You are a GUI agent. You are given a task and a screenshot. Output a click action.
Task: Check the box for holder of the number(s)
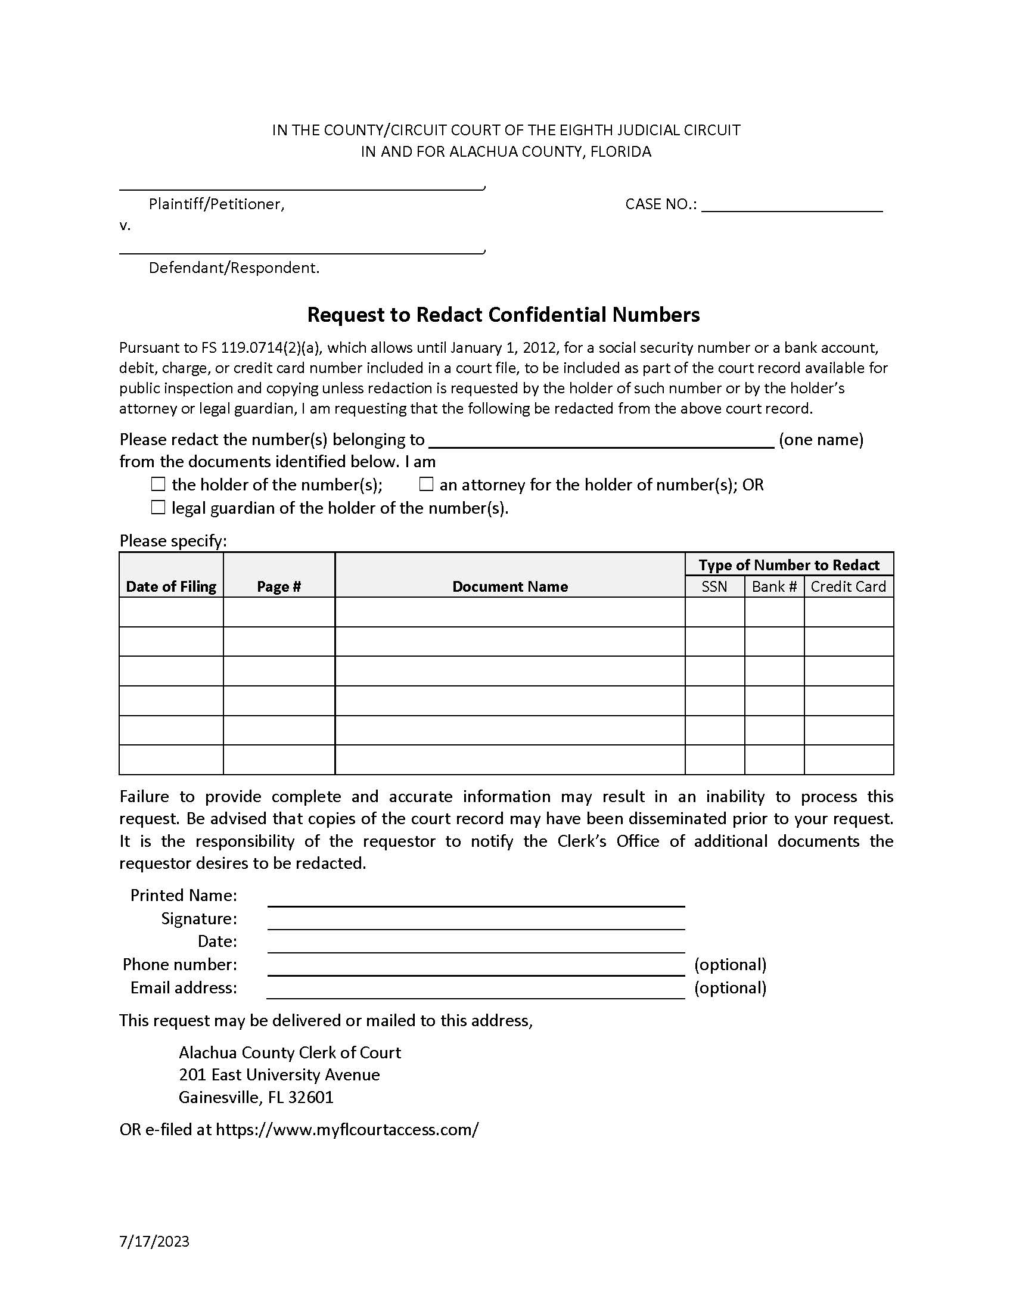158,484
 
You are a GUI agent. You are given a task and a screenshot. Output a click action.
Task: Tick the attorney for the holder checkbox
426,484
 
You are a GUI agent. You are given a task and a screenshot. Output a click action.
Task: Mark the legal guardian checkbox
158,507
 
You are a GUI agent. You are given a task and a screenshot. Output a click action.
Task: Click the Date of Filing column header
171,586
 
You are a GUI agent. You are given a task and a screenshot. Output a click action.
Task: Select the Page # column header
278,586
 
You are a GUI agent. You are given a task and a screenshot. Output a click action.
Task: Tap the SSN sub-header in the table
714,586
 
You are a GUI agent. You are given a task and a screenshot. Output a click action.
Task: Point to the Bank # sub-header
773,586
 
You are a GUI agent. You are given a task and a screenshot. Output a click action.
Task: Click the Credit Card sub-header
848,586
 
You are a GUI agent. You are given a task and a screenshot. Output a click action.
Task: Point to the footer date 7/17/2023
154,1241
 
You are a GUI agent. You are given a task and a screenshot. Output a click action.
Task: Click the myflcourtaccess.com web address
347,1129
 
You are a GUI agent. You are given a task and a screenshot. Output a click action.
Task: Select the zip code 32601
310,1096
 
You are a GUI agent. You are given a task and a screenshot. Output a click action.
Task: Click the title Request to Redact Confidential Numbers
504,315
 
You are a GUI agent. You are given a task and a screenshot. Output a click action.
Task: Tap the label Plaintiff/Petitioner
217,204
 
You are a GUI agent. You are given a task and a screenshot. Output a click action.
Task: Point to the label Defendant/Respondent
234,268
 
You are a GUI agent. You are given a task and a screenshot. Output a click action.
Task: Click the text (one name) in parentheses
821,439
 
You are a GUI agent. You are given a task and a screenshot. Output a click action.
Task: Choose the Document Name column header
509,586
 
